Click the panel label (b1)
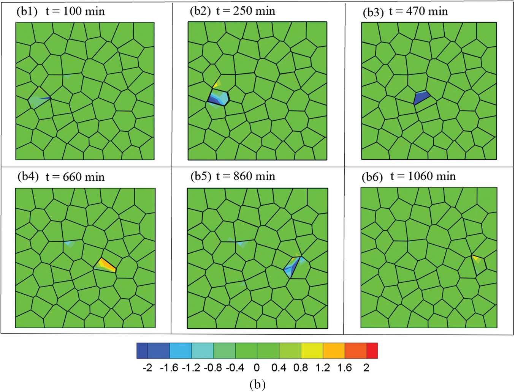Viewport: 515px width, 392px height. pos(27,11)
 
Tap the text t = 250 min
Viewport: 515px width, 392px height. pos(246,11)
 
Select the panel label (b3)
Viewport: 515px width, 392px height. pos(373,12)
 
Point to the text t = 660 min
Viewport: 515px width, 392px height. pos(75,177)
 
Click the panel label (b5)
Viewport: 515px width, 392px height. pos(201,176)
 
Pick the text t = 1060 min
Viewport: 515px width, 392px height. pos(423,176)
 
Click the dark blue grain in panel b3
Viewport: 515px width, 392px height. pos(421,98)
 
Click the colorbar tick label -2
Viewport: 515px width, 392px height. pos(147,368)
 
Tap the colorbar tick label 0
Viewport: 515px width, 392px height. pos(257,368)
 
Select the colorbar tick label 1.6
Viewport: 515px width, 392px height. pos(344,368)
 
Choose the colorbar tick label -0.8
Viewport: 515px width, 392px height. pos(213,368)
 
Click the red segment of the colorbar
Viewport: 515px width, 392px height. pos(372,351)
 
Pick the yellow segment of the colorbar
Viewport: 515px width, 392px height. pos(312,351)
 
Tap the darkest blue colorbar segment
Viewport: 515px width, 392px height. pos(142,351)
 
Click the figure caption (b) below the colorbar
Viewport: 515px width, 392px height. pos(257,384)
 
